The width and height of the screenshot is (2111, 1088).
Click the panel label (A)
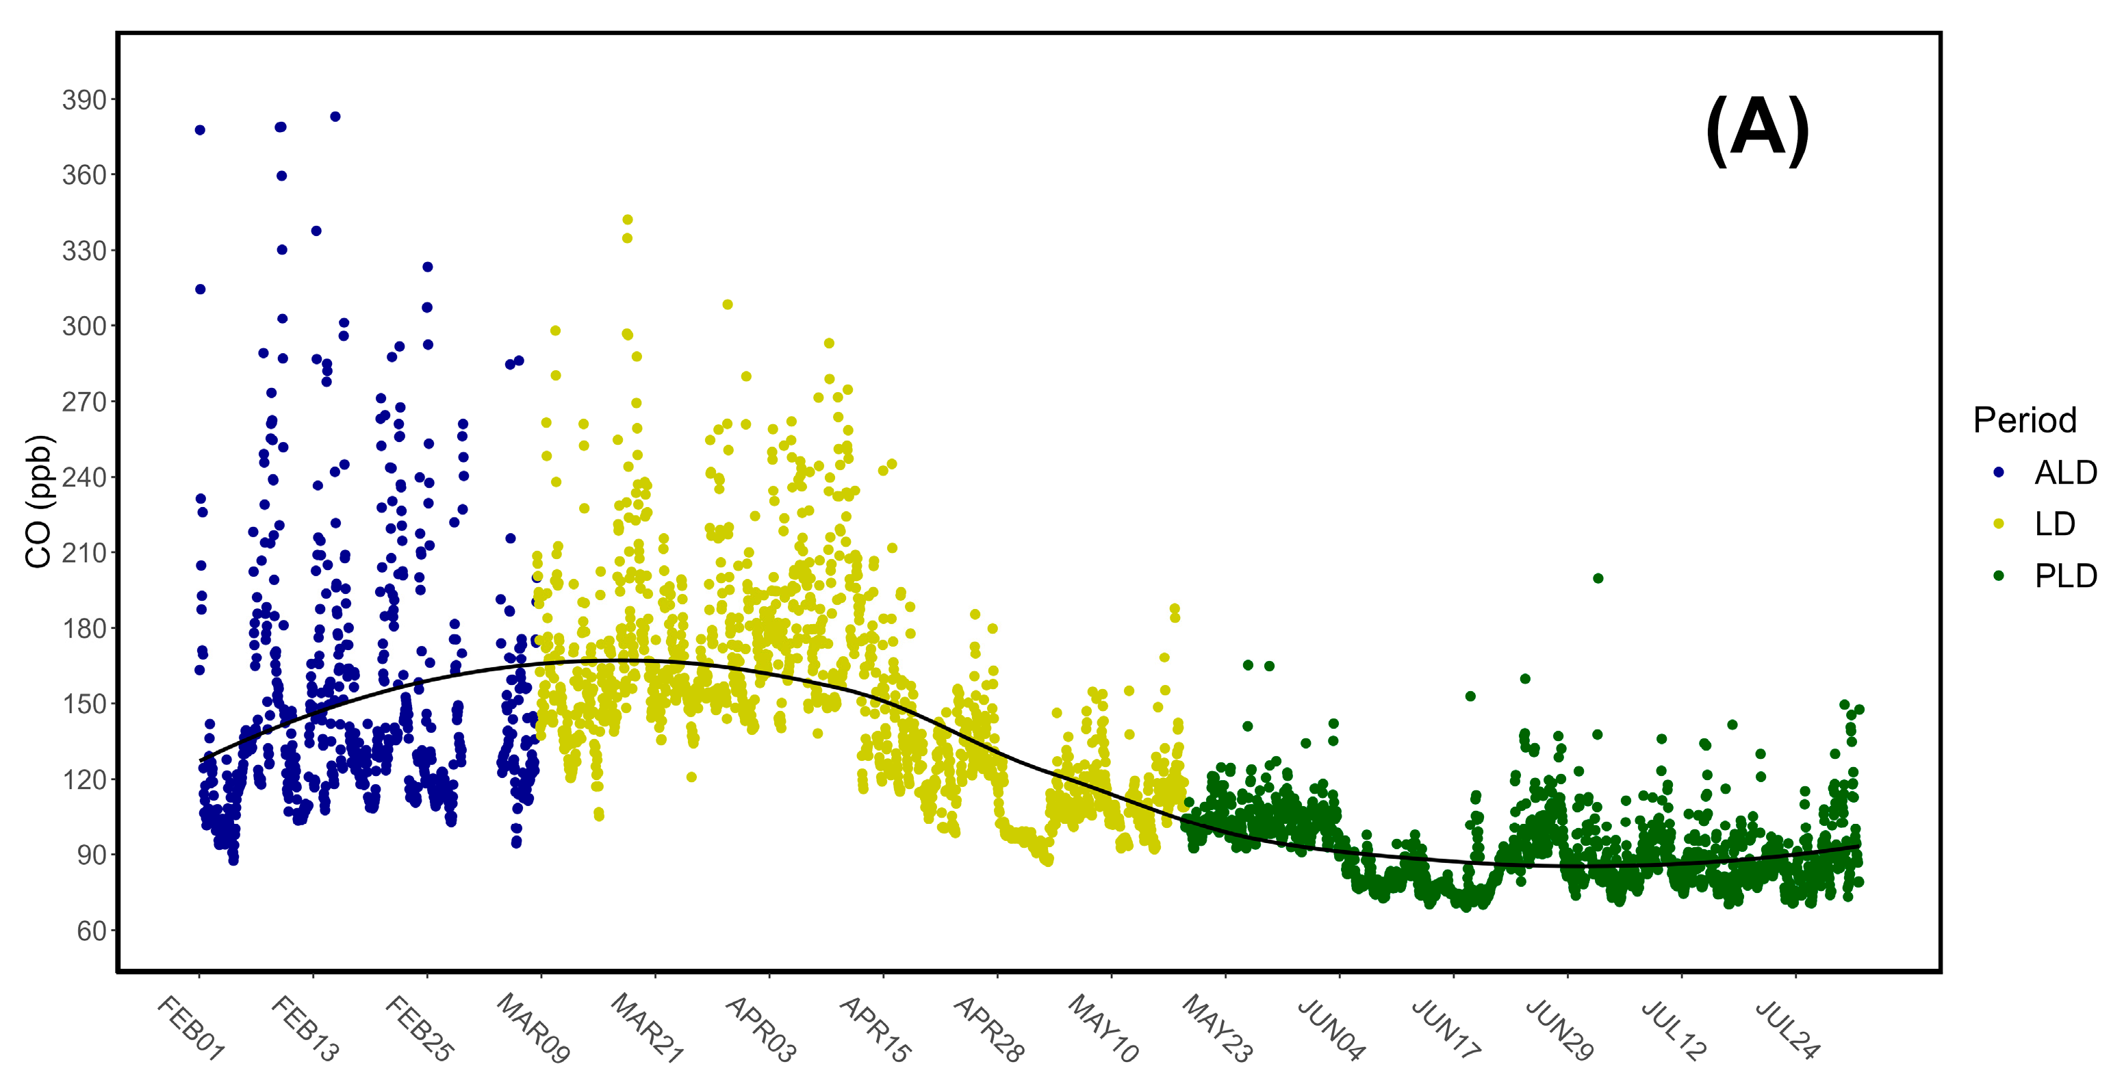1756,131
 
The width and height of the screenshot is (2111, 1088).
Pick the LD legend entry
2054,524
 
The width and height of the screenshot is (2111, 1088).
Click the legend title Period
2024,420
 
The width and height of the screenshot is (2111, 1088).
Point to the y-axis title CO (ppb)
39,502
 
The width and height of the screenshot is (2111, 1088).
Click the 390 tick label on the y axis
84,100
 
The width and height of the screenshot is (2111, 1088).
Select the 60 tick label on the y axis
91,931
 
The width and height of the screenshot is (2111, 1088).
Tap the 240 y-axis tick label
84,478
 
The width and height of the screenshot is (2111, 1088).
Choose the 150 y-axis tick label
84,703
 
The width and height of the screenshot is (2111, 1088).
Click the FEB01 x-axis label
190,1028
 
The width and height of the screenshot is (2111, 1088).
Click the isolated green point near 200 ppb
1597,578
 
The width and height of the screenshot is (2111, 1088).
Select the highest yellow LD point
628,220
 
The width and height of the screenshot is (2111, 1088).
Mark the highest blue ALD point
335,117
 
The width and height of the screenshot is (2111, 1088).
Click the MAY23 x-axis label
1216,1028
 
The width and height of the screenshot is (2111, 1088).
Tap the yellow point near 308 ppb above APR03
727,305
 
